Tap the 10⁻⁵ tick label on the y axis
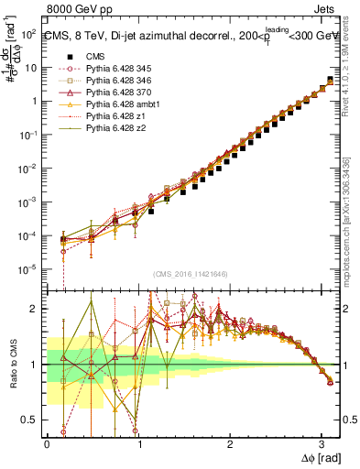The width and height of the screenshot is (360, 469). coord(28,269)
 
